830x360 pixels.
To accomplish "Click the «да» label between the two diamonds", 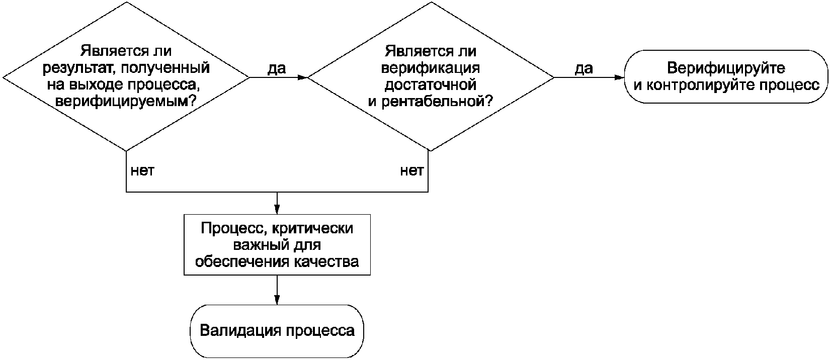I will coord(277,68).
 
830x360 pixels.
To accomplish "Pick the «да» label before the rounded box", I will coord(584,68).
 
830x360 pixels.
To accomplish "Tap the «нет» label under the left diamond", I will coord(142,171).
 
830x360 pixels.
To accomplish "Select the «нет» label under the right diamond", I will coord(411,171).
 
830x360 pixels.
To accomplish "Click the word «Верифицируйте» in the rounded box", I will coord(726,68).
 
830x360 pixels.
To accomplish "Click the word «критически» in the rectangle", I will coord(312,228).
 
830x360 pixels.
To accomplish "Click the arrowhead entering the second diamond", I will coord(303,78).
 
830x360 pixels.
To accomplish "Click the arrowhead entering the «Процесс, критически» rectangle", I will coord(277,211).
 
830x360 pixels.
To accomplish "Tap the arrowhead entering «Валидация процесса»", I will coord(277,300).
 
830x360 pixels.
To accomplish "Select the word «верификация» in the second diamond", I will coord(431,68).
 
